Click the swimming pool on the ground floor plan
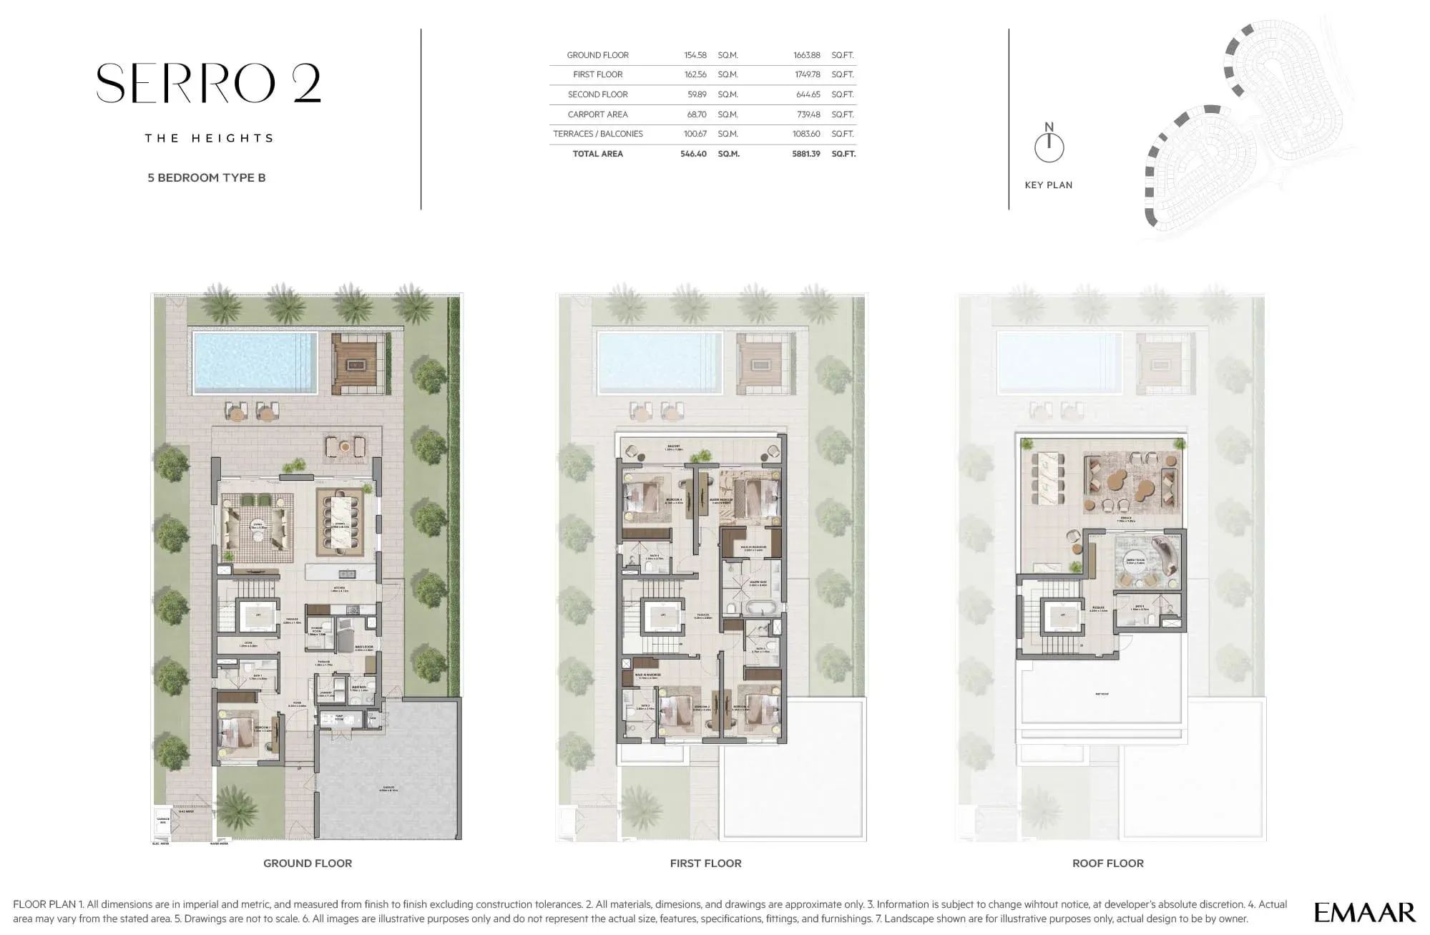point(254,362)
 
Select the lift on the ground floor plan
point(258,615)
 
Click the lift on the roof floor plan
point(1062,615)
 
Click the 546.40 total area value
point(693,154)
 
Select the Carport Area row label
point(597,114)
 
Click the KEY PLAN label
point(1048,185)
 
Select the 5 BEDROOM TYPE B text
point(207,177)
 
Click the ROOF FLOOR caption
point(1107,863)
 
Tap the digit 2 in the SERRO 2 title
point(306,84)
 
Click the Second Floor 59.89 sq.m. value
point(695,94)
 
